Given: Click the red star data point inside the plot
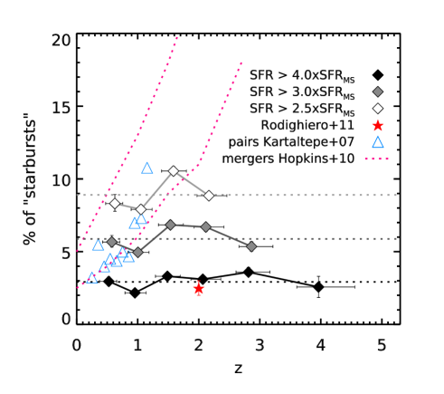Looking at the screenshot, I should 199,289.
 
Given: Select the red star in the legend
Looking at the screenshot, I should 378,125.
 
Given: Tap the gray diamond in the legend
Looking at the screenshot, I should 378,91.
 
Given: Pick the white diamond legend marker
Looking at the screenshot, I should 378,108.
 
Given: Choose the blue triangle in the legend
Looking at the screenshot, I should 378,142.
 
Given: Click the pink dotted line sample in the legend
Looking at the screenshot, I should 377,159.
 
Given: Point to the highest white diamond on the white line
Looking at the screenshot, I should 173,170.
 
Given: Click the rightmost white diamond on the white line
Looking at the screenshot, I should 209,195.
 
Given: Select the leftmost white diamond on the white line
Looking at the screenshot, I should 115,203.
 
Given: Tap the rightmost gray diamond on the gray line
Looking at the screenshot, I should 251,246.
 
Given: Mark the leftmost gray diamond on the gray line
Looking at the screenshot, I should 111,242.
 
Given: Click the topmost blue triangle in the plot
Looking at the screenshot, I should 147,168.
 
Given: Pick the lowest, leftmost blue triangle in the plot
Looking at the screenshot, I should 91,278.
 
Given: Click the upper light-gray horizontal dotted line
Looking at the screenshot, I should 298,195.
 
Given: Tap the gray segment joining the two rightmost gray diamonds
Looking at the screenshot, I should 229,236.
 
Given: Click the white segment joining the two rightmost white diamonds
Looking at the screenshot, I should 191,182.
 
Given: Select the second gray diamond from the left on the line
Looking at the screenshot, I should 137,252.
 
